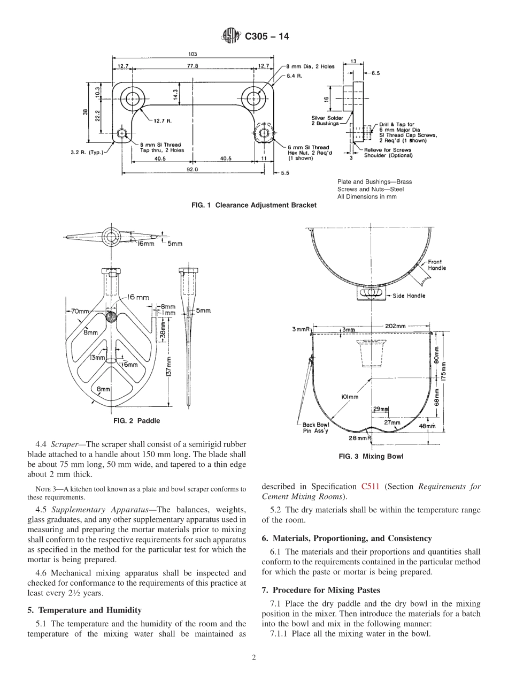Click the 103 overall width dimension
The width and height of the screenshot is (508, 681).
[193, 54]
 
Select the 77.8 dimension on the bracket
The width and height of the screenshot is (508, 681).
[193, 66]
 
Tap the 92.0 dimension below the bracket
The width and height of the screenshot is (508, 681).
[192, 169]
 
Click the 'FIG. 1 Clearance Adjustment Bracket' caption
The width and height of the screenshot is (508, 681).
[253, 205]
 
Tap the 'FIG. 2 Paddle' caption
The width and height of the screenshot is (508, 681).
[136, 421]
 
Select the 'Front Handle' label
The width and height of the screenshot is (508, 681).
[436, 265]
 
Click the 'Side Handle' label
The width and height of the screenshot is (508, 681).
[409, 296]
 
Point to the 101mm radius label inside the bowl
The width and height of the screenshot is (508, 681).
[349, 397]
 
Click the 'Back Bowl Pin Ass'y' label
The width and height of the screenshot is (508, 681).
[315, 428]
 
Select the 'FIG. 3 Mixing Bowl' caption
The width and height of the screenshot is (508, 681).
[371, 457]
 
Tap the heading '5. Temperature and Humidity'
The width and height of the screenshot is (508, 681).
[84, 610]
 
